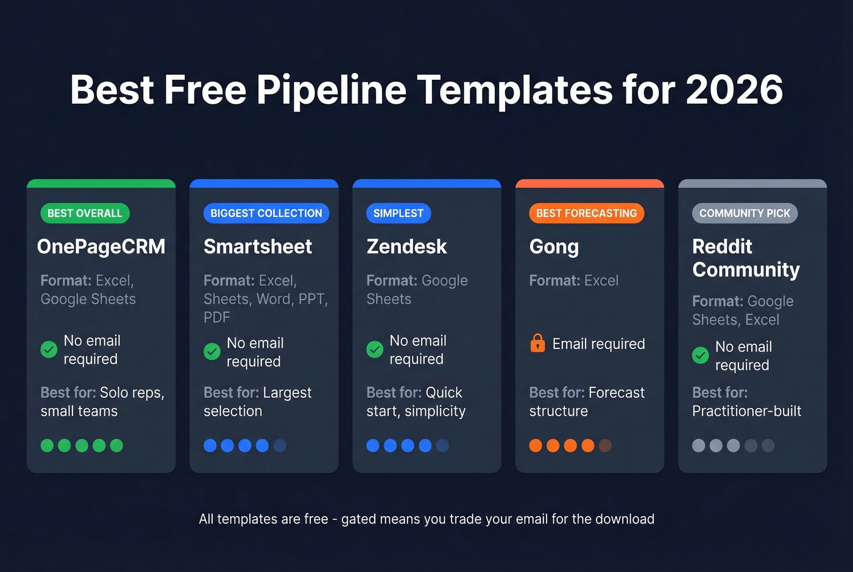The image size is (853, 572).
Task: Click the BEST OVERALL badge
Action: (x=85, y=213)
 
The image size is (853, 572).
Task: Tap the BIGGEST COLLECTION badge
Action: (x=266, y=213)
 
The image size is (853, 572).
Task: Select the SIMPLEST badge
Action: (x=398, y=213)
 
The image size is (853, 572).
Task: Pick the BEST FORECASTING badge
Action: (x=586, y=213)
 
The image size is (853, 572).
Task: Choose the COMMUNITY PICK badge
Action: (x=745, y=213)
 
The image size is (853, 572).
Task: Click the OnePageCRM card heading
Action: (x=101, y=247)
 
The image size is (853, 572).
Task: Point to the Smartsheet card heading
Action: (x=258, y=247)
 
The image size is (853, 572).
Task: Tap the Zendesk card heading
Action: (x=406, y=247)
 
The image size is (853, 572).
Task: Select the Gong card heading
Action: (x=554, y=247)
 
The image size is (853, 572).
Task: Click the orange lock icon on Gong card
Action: (x=537, y=344)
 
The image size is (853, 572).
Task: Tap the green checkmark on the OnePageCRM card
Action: (x=49, y=349)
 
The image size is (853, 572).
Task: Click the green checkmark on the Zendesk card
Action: (x=375, y=349)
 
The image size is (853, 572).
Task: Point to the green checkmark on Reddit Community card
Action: (x=701, y=355)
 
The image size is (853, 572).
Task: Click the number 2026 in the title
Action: (x=734, y=90)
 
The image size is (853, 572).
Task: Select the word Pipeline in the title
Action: (x=331, y=90)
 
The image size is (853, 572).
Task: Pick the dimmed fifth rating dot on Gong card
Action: (x=605, y=445)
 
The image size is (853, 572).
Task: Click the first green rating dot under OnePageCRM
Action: (x=47, y=445)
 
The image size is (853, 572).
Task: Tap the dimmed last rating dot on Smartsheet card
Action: (x=280, y=445)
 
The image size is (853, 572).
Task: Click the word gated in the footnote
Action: (x=358, y=519)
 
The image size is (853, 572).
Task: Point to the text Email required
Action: (x=598, y=344)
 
